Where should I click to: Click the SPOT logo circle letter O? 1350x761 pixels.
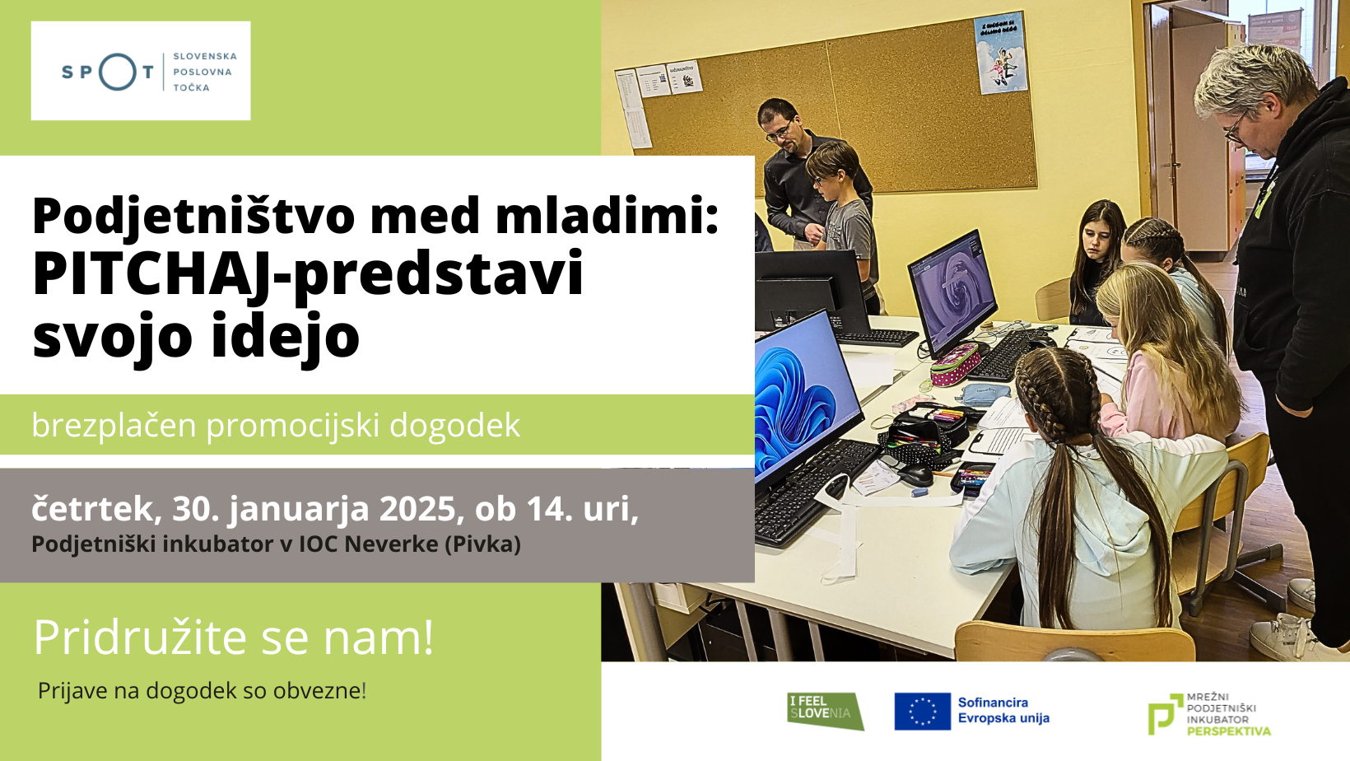(118, 72)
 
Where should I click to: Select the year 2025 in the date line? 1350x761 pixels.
(417, 508)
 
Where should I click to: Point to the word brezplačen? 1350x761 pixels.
(114, 425)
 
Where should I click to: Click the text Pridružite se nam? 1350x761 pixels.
(233, 637)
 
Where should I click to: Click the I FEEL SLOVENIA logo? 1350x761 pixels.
(825, 712)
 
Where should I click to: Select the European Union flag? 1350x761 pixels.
(922, 712)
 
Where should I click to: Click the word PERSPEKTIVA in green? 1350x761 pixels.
(1229, 731)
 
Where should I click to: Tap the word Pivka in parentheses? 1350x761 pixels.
(482, 544)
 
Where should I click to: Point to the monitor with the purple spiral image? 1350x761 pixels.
(951, 292)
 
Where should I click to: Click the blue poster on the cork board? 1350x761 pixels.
(1000, 54)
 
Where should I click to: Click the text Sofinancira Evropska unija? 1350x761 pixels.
(1003, 710)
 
